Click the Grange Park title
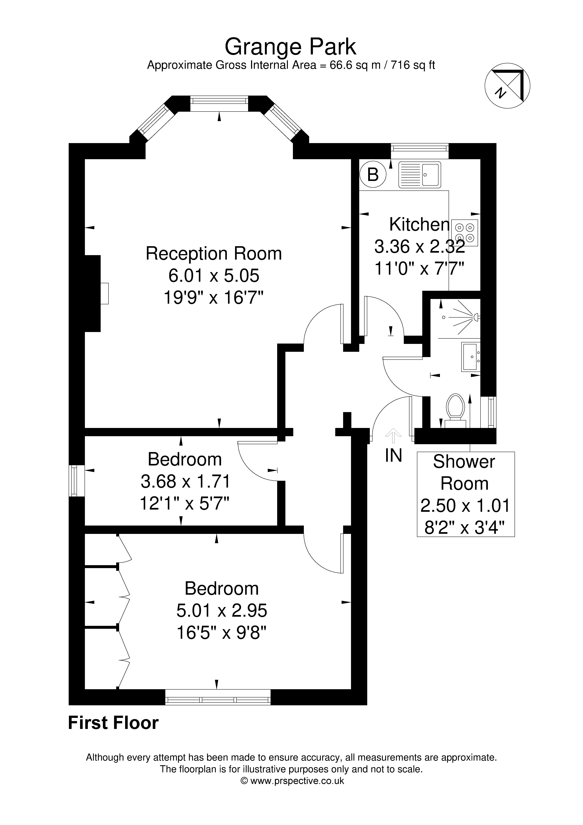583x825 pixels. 290,47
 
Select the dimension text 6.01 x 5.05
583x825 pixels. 214,276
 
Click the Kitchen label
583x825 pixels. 419,225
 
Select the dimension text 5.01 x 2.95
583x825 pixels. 222,610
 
